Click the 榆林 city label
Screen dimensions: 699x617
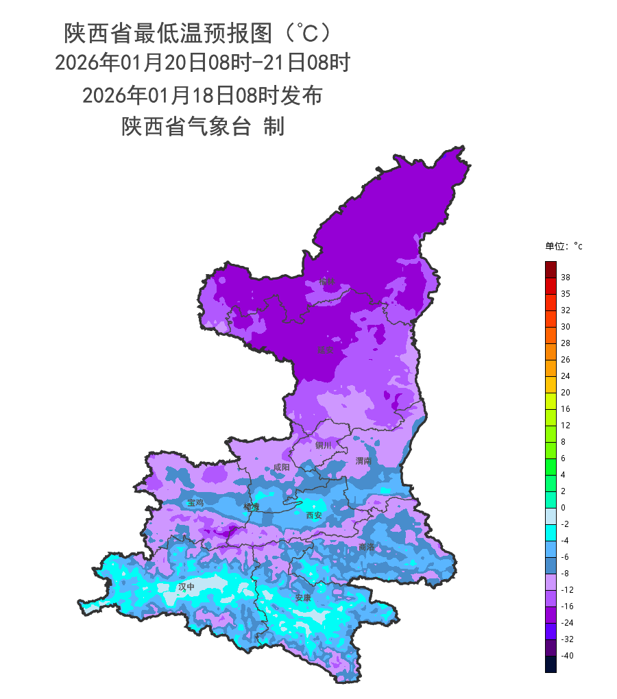point(327,281)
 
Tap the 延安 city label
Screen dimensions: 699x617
point(325,349)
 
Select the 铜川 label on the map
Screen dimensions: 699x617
point(323,445)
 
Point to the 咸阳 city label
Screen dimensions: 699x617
point(281,467)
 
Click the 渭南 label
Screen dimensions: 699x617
point(363,461)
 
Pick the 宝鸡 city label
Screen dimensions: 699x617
point(195,502)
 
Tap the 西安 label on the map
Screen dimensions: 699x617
point(313,515)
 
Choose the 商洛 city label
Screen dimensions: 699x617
point(367,547)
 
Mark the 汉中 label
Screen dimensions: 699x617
point(186,587)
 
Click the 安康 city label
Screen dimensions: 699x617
point(303,598)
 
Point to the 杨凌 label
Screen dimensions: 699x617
point(252,507)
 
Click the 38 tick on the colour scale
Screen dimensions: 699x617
point(566,278)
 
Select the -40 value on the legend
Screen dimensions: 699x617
point(567,656)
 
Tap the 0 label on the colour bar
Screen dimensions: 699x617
point(563,508)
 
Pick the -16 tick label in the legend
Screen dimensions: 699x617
point(567,606)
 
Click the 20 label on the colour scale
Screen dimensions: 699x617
point(566,393)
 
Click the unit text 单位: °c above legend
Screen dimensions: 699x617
point(564,246)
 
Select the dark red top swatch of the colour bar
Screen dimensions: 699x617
point(551,269)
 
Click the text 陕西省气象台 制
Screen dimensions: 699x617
point(202,127)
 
